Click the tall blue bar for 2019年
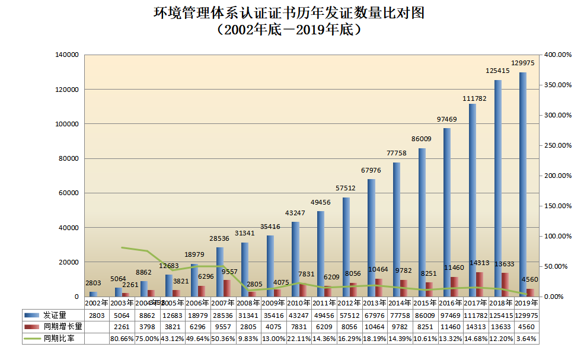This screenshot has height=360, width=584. (522, 184)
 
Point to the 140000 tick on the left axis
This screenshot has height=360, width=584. (66, 55)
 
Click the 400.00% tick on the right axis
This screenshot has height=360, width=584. (557, 55)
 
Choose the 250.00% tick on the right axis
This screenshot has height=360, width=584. (557, 145)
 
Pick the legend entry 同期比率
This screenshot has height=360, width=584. (54, 338)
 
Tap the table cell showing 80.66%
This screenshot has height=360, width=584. (122, 338)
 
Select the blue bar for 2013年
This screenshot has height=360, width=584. (371, 237)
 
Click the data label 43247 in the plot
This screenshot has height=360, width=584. (295, 213)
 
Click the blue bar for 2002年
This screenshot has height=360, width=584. (92, 294)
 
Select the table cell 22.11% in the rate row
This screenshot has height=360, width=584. (300, 338)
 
